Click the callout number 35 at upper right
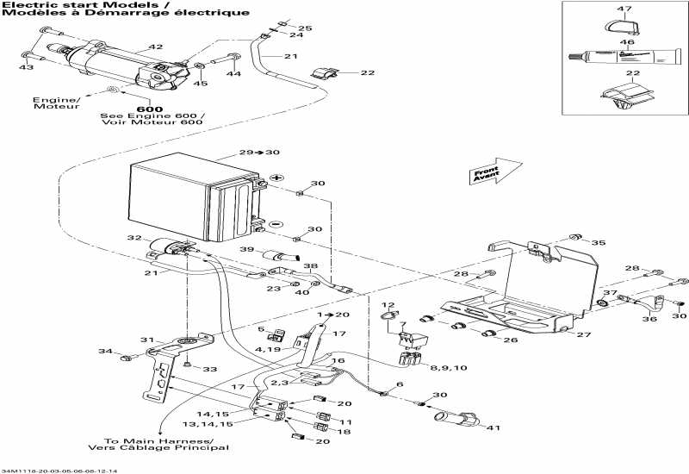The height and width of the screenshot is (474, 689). [x=599, y=243]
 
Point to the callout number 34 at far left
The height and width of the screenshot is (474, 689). [x=105, y=352]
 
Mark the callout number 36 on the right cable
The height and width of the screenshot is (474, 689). [x=649, y=319]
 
